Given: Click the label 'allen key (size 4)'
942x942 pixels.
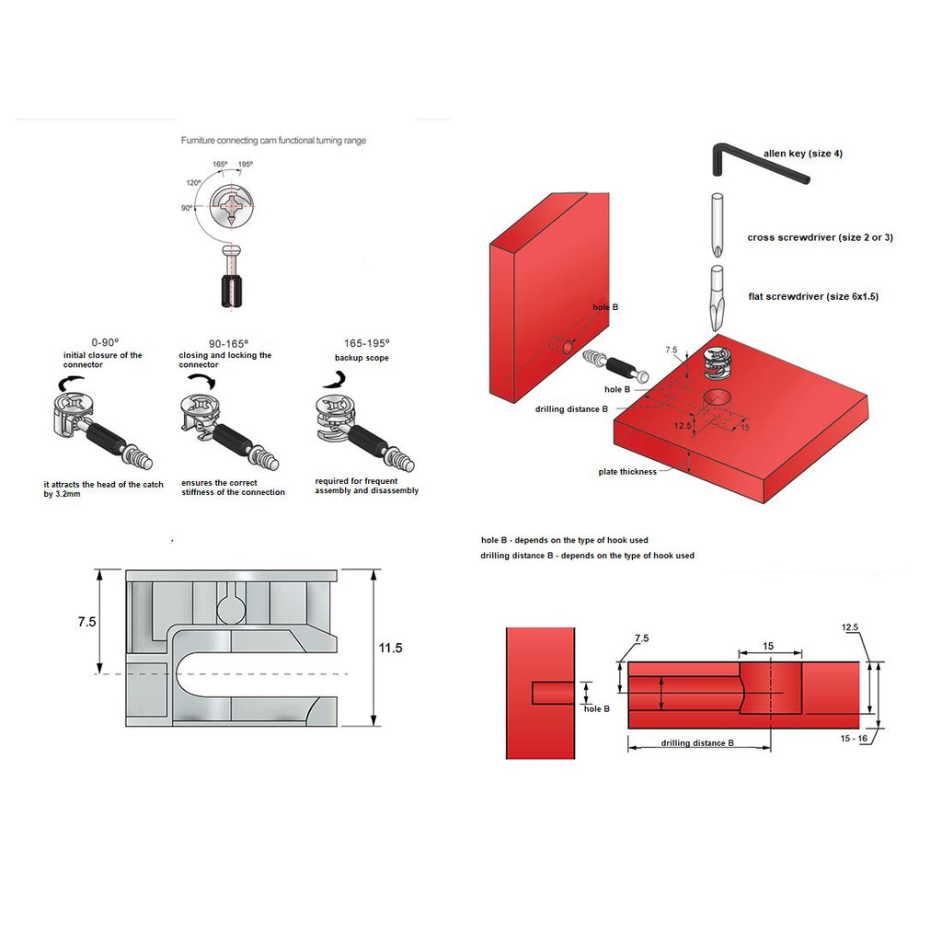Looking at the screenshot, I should (x=802, y=154).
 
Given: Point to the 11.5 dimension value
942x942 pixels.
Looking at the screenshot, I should (x=390, y=648).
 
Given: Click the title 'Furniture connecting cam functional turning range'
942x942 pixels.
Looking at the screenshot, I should (x=273, y=141).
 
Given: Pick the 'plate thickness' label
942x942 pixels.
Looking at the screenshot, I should (x=627, y=472).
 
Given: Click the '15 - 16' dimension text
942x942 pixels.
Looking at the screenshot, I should (x=854, y=738).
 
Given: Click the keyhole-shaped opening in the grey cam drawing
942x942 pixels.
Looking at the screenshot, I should (x=232, y=603).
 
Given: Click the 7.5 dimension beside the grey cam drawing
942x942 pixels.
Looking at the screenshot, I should (x=86, y=622).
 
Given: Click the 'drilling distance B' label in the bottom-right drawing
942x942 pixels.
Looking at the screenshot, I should (x=697, y=742).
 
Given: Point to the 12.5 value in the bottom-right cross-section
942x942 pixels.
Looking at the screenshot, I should (x=849, y=627).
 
